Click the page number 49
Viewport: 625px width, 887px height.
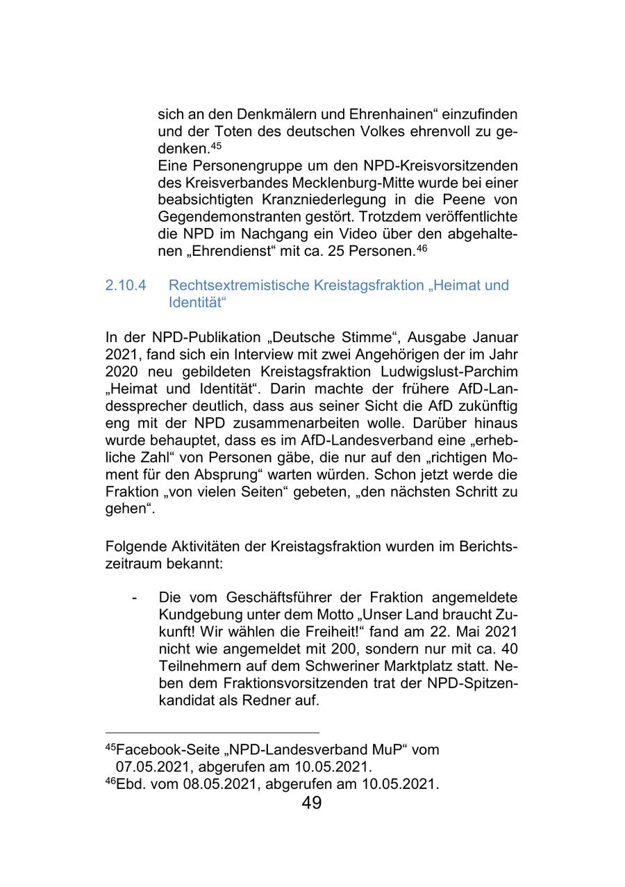point(312,804)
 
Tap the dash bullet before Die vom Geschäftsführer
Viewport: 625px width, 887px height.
point(134,598)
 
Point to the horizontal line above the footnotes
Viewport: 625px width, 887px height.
point(212,733)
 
